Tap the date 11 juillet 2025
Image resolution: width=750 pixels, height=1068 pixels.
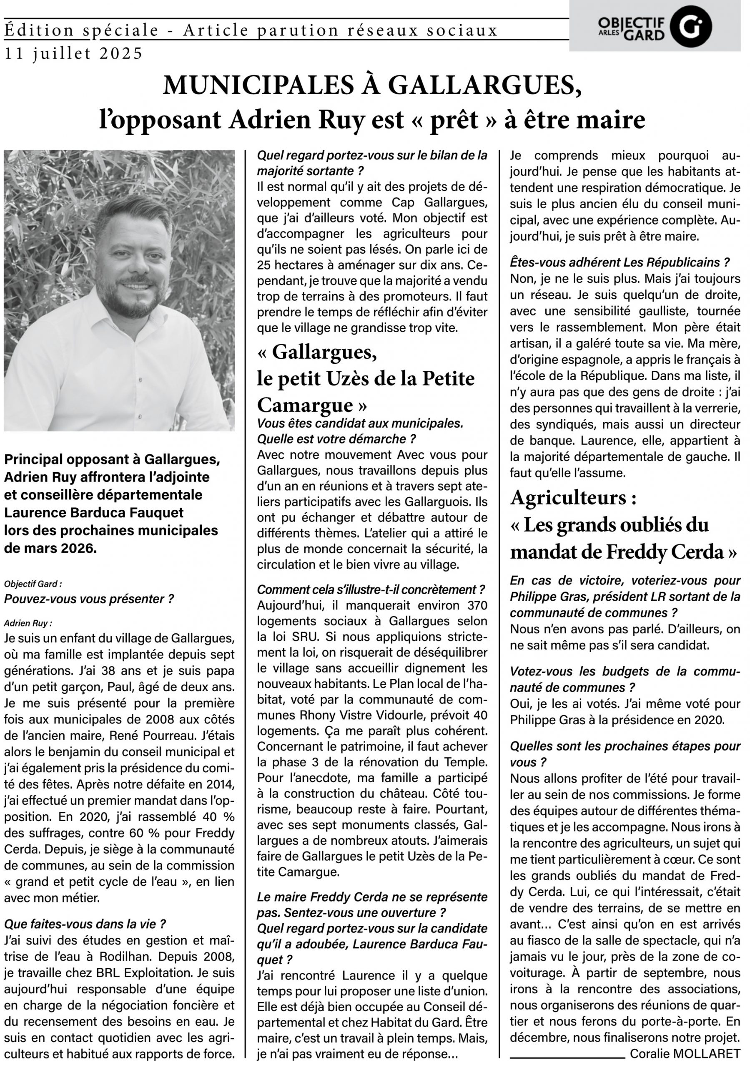[x=73, y=54]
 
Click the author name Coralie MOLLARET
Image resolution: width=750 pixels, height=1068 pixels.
[x=685, y=1053]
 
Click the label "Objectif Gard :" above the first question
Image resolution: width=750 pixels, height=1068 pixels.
[x=33, y=583]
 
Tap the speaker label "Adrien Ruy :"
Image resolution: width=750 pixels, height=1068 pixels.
[x=28, y=623]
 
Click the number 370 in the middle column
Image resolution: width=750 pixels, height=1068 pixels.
[x=474, y=606]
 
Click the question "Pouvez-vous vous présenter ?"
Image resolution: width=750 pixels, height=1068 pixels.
[x=89, y=599]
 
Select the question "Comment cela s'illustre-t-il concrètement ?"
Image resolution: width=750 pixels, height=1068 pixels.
[x=371, y=590]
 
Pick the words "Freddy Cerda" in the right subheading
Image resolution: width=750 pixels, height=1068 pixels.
[x=665, y=552]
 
